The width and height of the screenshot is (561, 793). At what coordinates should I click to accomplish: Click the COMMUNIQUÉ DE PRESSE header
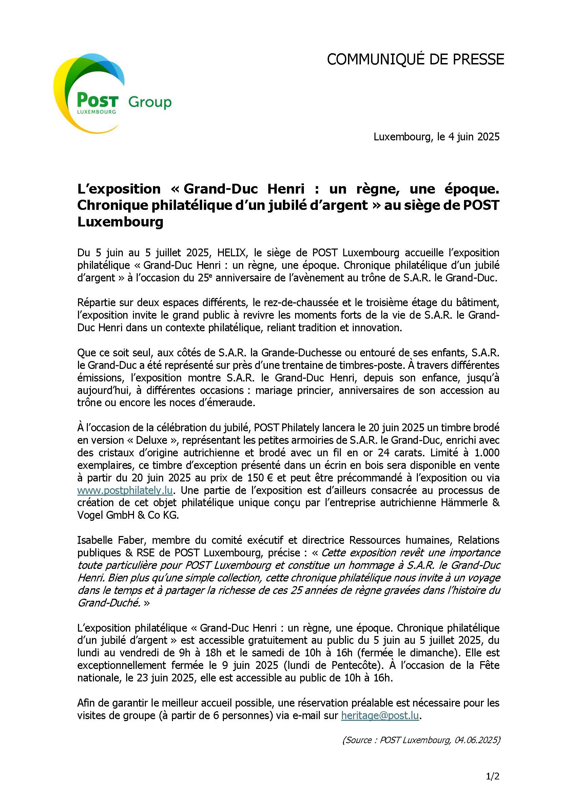(x=415, y=60)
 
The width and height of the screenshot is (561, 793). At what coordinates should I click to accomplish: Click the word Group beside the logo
(x=150, y=102)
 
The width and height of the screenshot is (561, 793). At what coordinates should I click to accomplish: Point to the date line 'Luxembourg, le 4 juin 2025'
(x=436, y=137)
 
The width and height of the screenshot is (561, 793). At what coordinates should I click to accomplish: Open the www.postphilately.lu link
(x=125, y=491)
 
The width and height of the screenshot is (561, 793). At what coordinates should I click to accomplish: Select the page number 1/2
(x=492, y=777)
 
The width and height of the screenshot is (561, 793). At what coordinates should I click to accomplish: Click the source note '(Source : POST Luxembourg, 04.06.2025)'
(x=421, y=740)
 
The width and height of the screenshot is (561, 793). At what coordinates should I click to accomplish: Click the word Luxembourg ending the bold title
(x=120, y=222)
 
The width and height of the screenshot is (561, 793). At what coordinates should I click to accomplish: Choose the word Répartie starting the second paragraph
(x=98, y=302)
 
